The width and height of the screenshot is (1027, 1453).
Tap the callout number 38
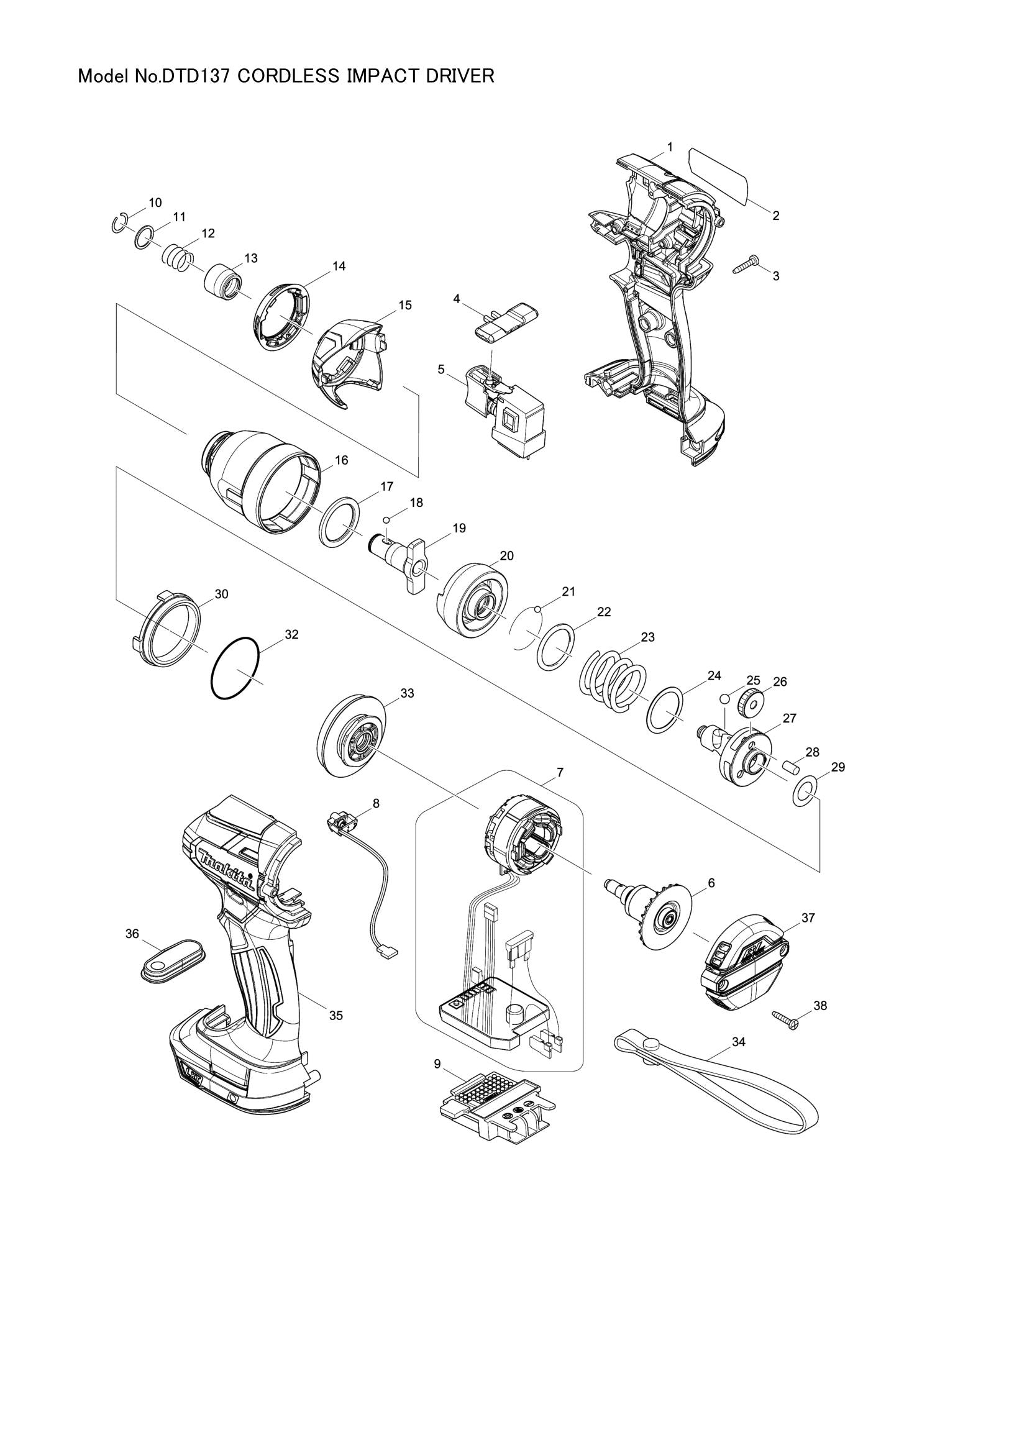pyautogui.click(x=819, y=1006)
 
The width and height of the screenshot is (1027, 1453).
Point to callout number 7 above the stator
pyautogui.click(x=560, y=772)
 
